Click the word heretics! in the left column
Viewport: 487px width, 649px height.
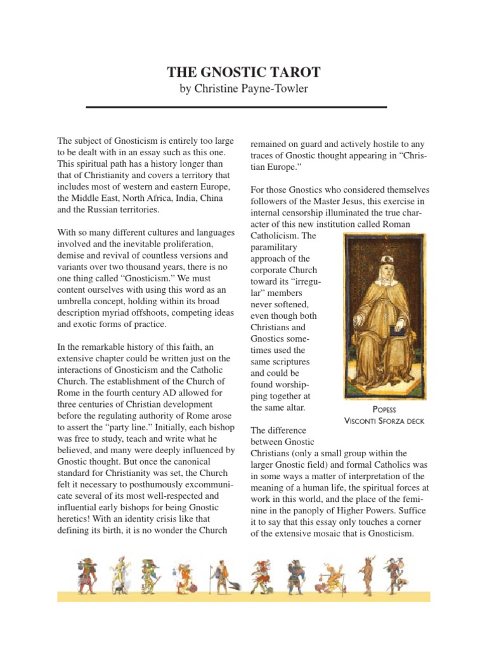[75, 518]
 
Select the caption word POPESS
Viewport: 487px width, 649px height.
[384, 409]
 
